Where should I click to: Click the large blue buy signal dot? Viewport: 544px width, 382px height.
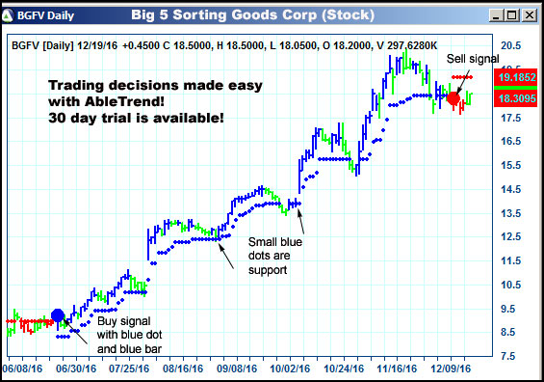(57, 315)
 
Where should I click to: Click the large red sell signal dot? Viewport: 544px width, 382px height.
(453, 97)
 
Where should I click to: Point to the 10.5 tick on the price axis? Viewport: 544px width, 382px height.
(510, 285)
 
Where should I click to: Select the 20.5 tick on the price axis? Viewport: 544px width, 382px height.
(510, 46)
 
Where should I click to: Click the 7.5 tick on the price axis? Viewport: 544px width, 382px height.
(510, 356)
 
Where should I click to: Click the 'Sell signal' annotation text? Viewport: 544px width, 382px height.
(473, 59)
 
